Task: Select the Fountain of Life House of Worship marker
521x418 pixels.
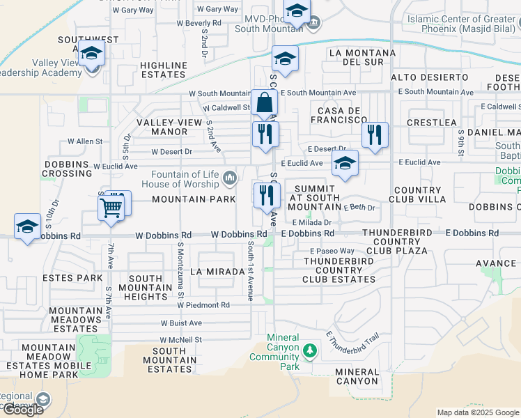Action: (x=230, y=180)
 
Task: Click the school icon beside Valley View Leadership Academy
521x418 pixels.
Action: (x=91, y=54)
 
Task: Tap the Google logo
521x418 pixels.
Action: (x=23, y=410)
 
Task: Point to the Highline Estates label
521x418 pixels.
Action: (x=164, y=70)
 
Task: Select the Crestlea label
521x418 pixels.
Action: (x=433, y=123)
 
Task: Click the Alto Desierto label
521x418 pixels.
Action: (x=429, y=77)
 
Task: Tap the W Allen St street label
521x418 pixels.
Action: (x=84, y=141)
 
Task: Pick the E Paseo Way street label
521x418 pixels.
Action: (x=332, y=251)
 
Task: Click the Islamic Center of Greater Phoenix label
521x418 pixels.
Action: (x=463, y=24)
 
